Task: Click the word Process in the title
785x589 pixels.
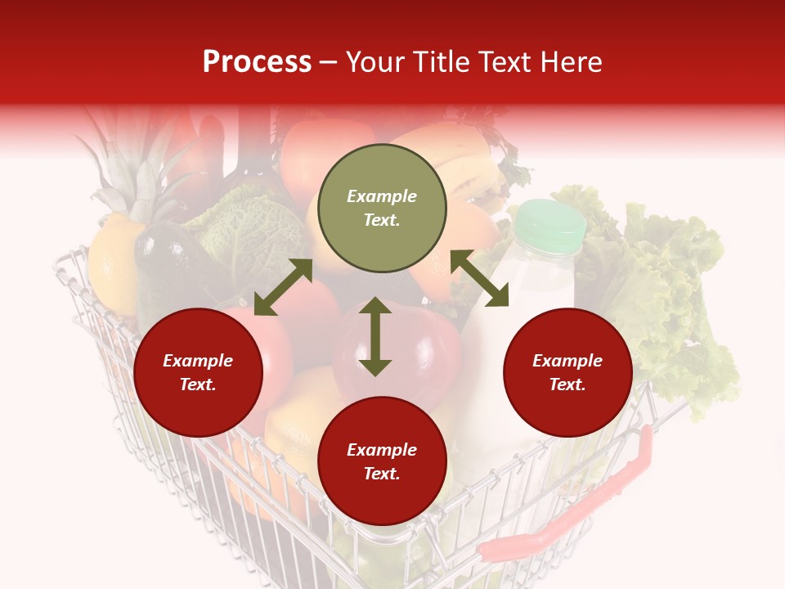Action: (257, 62)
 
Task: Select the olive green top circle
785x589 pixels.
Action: (382, 209)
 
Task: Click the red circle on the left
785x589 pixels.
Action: (198, 373)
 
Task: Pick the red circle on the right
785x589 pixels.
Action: (567, 373)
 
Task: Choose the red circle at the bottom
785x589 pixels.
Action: (382, 461)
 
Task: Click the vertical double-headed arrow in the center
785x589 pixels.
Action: (375, 336)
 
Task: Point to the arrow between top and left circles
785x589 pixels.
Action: (283, 287)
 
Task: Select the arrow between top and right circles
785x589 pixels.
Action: (479, 278)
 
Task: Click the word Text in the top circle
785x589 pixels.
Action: (382, 220)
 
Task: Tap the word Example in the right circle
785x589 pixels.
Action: (567, 361)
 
